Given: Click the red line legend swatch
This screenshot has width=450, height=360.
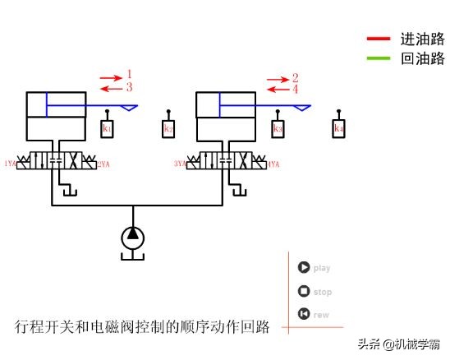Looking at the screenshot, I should click(x=378, y=39).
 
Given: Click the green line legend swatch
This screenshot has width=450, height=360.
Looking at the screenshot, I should click(x=378, y=58).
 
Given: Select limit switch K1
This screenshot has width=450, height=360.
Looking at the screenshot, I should click(x=108, y=129).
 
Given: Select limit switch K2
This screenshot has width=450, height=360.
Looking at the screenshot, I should click(x=168, y=129).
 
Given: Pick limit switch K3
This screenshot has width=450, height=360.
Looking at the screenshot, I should click(x=278, y=129).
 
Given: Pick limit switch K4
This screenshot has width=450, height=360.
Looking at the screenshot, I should click(x=338, y=129).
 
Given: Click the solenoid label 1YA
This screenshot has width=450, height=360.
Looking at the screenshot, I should click(x=10, y=164).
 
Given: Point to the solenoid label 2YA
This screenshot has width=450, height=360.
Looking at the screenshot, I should click(x=103, y=164).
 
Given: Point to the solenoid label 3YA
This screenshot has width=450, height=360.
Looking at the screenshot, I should click(x=180, y=164).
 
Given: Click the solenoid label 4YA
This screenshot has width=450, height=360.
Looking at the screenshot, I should click(x=273, y=164).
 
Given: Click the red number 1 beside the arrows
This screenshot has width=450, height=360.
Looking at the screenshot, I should click(x=129, y=75).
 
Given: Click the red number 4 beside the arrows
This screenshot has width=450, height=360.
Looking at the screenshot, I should click(x=296, y=88).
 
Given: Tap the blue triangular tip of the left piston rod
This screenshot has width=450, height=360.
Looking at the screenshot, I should click(x=131, y=106).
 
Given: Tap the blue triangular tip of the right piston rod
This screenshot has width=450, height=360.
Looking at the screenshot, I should click(x=301, y=106).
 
